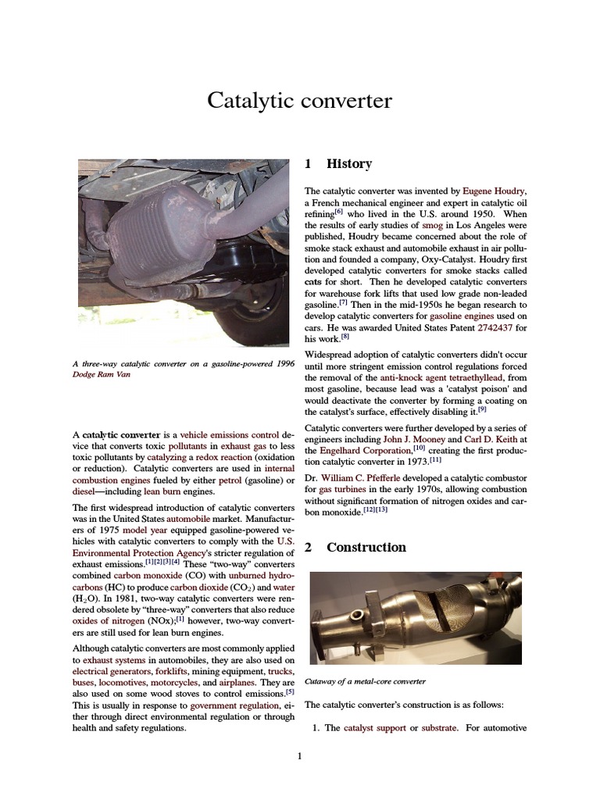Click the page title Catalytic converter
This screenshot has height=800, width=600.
pyautogui.click(x=299, y=101)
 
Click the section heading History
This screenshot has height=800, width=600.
pyautogui.click(x=348, y=164)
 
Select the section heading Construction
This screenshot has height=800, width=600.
pyautogui.click(x=366, y=548)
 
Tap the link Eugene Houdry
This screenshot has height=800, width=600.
pyautogui.click(x=495, y=191)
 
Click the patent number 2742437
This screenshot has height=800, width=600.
pyautogui.click(x=495, y=328)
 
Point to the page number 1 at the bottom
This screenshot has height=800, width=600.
pyautogui.click(x=299, y=755)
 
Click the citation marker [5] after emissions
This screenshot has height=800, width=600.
pyautogui.click(x=289, y=691)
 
